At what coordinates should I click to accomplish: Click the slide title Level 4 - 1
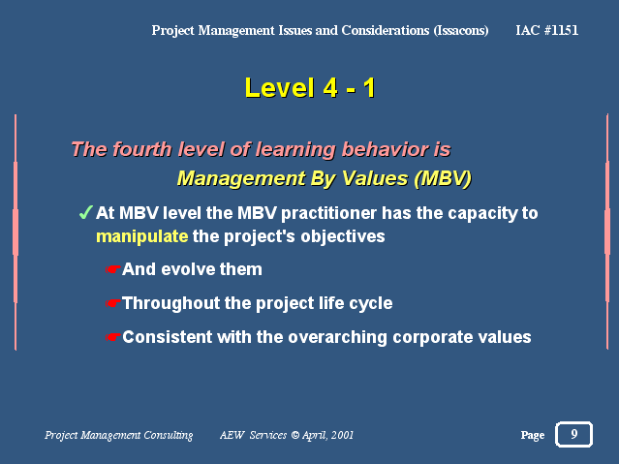coord(310,88)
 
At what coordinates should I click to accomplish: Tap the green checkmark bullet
coord(85,212)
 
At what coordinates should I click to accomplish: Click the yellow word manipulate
coord(142,237)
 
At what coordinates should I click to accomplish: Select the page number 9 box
coord(574,434)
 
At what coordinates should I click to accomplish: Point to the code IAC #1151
coord(546,30)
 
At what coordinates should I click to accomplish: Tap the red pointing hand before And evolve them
coord(113,269)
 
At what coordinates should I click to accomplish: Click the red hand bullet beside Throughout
coord(113,303)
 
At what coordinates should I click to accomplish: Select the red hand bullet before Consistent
coord(113,337)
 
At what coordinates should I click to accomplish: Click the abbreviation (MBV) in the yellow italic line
coord(443,178)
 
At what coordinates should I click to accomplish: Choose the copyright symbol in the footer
coord(294,435)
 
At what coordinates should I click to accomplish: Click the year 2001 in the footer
coord(342,435)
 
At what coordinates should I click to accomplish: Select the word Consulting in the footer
coord(169,435)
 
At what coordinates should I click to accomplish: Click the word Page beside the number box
coord(533,435)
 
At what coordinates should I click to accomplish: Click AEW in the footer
coord(232,435)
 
